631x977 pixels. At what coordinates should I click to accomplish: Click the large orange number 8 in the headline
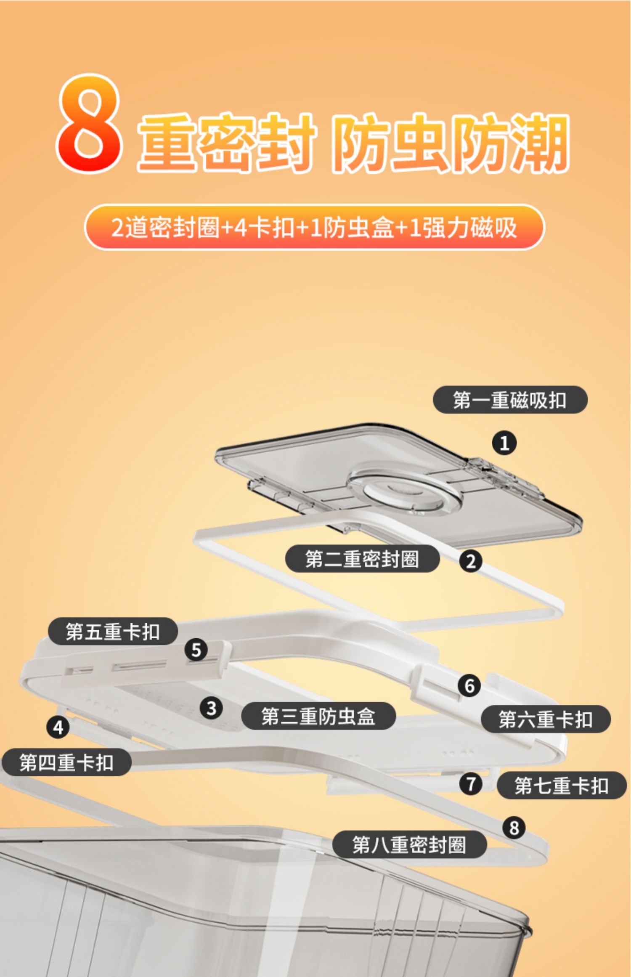90,123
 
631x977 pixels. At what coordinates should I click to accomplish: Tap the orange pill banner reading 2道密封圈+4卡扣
314,228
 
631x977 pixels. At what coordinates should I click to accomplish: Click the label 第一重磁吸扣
510,400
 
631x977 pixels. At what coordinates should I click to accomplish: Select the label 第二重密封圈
362,559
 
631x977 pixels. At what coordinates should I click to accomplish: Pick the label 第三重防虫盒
318,716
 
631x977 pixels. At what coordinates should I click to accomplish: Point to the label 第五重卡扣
113,631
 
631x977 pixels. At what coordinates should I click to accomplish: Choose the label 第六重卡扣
546,719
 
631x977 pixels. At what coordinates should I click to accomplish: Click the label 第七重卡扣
562,785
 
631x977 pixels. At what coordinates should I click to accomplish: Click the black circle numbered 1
504,443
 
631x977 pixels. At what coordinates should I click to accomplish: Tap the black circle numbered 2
471,561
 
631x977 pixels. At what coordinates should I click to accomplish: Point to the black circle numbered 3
211,708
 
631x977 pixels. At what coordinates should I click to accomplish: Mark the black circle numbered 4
58,727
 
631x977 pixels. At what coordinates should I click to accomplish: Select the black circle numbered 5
196,650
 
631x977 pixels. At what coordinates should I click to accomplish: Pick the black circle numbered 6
469,685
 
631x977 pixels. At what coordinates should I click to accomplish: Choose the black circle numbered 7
471,784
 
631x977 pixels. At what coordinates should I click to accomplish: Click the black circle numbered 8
514,828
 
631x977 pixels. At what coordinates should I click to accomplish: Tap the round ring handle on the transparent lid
404,490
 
